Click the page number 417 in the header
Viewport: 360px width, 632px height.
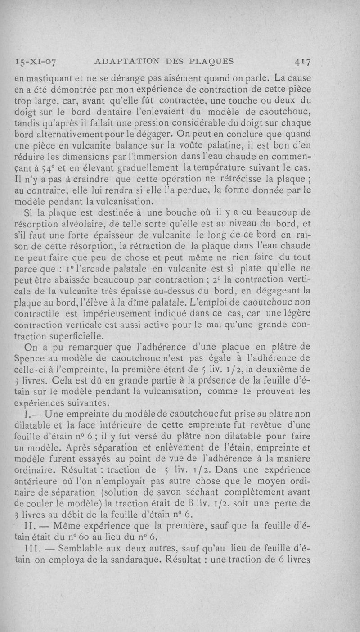(305, 62)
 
